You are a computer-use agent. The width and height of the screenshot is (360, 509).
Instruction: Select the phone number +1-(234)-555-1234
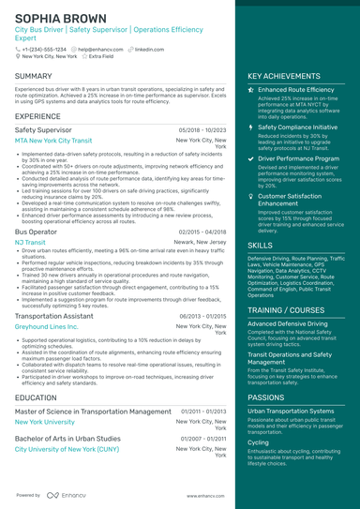[44, 49]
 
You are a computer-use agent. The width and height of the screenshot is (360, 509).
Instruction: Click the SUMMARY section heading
[34, 76]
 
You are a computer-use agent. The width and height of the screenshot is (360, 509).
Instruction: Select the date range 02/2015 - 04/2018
[202, 231]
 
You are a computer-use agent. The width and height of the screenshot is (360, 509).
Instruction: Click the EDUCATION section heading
[36, 397]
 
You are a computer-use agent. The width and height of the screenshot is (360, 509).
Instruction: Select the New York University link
[47, 422]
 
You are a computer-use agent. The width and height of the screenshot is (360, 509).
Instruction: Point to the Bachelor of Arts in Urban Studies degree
[67, 438]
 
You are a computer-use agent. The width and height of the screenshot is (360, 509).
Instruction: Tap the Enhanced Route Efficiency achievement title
[297, 90]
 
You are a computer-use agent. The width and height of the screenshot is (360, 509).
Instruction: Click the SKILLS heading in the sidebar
[261, 245]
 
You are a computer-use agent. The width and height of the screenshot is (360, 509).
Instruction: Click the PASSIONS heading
[267, 397]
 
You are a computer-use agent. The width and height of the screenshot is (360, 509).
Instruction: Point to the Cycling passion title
[258, 442]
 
